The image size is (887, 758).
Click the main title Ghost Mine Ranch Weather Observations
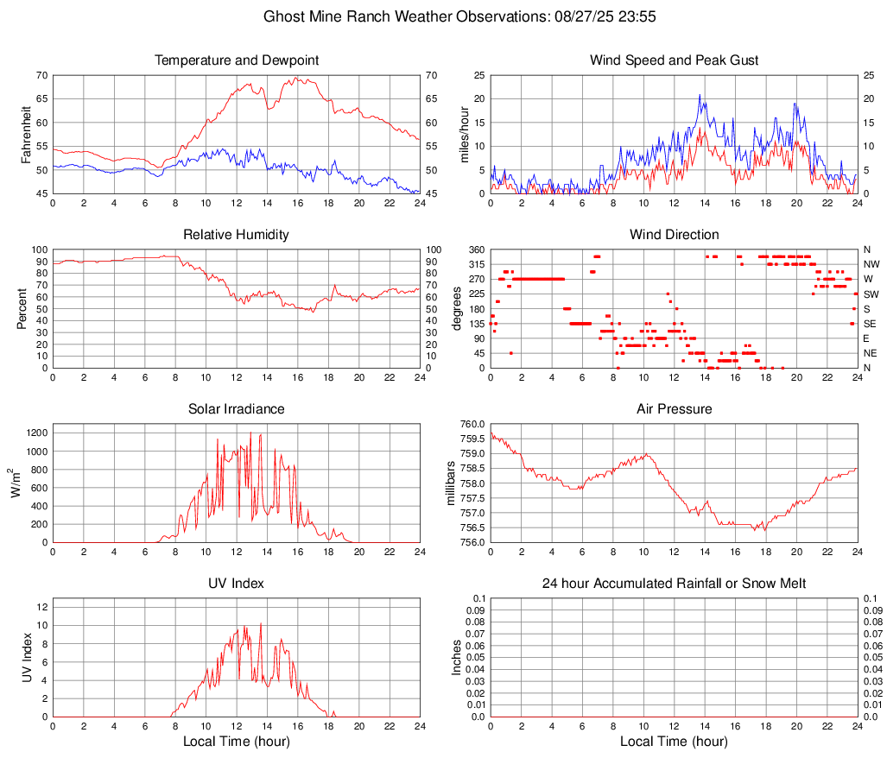[443, 16]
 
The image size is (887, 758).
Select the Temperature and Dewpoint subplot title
[237, 60]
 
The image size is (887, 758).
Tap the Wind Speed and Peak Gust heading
[674, 60]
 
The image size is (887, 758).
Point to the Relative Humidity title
[237, 235]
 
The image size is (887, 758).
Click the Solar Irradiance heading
[237, 409]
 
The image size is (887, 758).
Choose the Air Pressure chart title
[674, 409]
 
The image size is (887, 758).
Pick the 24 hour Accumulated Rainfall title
[674, 584]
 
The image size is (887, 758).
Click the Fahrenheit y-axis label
[26, 134]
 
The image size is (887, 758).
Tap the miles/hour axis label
[464, 134]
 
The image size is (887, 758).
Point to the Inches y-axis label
[457, 657]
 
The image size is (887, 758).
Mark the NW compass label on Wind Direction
[871, 264]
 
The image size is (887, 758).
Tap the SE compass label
[870, 324]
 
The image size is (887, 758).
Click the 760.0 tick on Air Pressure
[472, 424]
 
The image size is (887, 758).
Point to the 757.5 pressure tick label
[472, 498]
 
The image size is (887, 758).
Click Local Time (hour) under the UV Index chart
[237, 742]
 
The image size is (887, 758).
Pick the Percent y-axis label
[22, 308]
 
